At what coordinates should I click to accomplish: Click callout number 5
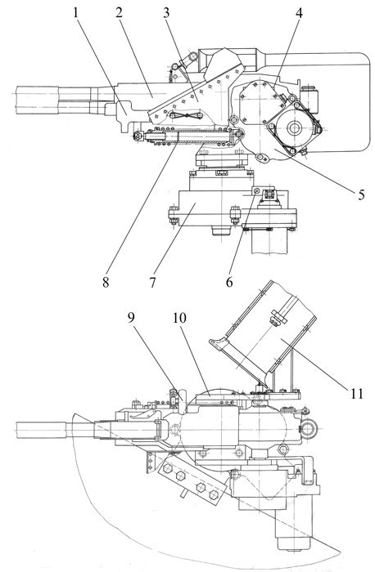click(361, 194)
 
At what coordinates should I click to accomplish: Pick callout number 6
click(229, 281)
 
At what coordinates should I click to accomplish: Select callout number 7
click(152, 281)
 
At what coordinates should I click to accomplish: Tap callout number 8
click(106, 281)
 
